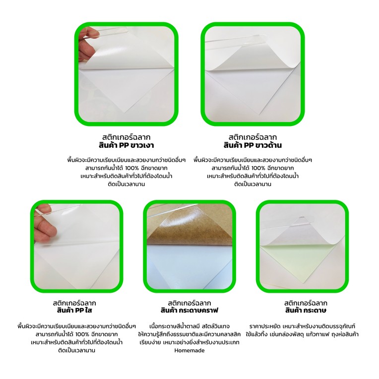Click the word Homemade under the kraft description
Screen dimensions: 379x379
pyautogui.click(x=189, y=350)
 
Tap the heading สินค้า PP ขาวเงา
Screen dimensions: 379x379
pyautogui.click(x=126, y=145)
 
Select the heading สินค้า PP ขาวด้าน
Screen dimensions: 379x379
pyautogui.click(x=253, y=145)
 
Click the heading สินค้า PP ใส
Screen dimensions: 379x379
pyautogui.click(x=74, y=310)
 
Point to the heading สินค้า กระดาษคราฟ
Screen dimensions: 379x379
pyautogui.click(x=189, y=310)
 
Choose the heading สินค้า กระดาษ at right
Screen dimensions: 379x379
pyautogui.click(x=306, y=310)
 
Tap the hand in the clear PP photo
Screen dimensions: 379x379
pyautogui.click(x=44, y=224)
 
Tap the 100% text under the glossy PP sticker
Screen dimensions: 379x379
pyautogui.click(x=132, y=168)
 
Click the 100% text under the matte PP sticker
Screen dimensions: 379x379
pyautogui.click(x=258, y=168)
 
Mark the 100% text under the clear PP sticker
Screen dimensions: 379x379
pyautogui.click(x=82, y=334)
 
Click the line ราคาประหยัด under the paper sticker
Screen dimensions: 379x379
pyautogui.click(x=302, y=326)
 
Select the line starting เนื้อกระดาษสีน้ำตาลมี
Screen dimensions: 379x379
pyautogui.click(x=189, y=326)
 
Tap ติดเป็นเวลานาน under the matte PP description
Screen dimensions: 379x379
pyautogui.click(x=253, y=184)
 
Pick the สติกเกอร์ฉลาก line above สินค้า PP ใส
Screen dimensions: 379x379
pyautogui.click(x=74, y=303)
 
